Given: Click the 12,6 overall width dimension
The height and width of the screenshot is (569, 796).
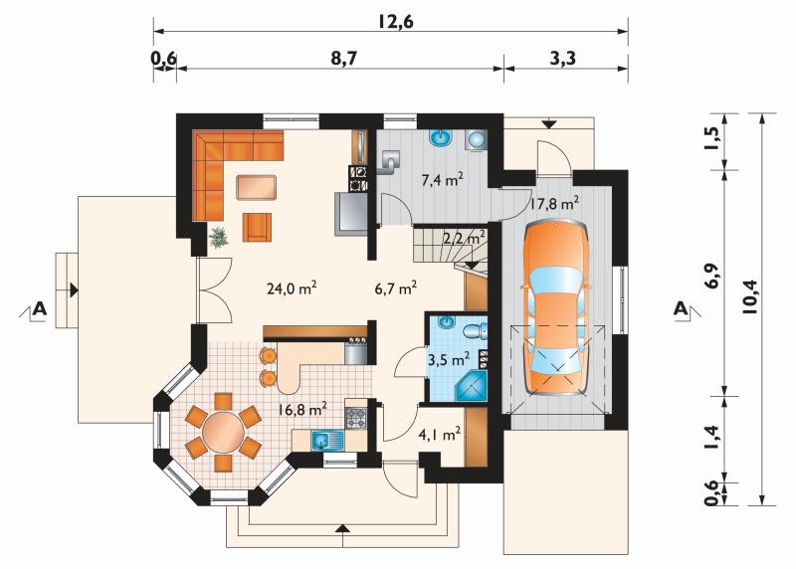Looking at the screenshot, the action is tap(395, 21).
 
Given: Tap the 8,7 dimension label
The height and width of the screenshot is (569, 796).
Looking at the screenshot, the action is tap(344, 59).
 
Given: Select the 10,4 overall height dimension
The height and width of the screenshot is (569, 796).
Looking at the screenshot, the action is tap(750, 297).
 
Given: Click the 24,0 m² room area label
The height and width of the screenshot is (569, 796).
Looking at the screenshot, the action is tap(292, 288).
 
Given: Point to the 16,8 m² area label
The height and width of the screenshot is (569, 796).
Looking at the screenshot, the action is tap(302, 409).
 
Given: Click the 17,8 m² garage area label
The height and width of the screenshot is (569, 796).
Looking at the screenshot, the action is tap(555, 204).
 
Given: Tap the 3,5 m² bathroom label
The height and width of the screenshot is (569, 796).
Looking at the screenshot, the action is tap(449, 360).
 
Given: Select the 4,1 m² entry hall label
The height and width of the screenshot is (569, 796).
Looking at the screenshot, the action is tap(440, 434).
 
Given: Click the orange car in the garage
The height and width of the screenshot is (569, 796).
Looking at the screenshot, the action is tap(557, 307).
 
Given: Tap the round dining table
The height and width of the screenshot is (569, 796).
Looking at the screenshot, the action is tap(223, 433).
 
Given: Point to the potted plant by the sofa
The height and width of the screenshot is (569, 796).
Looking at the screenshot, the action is tap(219, 237).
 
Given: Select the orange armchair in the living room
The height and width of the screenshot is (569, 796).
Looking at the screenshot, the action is tap(257, 227).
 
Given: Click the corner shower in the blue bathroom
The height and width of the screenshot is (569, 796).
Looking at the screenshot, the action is tap(472, 386).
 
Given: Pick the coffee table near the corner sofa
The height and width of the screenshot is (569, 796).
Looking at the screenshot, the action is tap(257, 187).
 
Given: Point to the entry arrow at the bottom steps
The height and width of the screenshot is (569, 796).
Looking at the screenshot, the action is tap(343, 529).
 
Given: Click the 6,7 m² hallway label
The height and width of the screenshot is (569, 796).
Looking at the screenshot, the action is tap(396, 288).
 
